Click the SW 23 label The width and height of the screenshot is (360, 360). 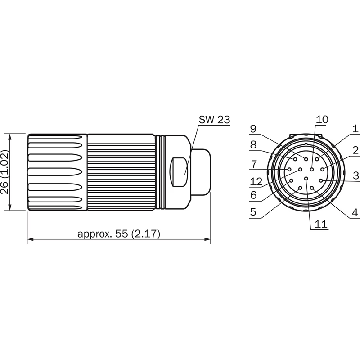click(214, 120)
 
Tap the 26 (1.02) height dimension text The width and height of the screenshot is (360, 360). click(4, 172)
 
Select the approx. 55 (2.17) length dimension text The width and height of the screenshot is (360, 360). click(119, 234)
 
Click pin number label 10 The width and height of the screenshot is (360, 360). click(322, 119)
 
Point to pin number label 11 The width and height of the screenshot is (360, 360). click(321, 224)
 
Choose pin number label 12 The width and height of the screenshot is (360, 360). click(256, 182)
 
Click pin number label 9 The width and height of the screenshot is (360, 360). click(253, 129)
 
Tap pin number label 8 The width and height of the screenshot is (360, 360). click(253, 145)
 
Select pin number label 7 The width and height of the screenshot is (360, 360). click(253, 164)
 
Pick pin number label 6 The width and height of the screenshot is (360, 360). click(253, 195)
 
